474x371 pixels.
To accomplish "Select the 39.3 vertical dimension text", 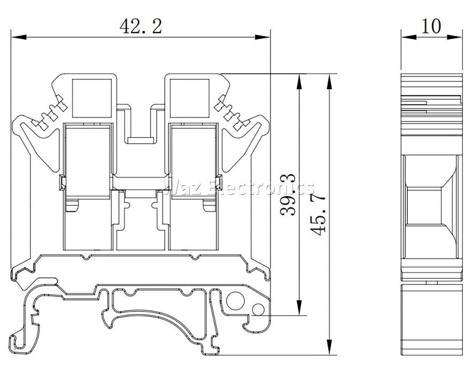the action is click(288, 195).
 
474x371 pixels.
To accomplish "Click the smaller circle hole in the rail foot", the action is click(258, 310).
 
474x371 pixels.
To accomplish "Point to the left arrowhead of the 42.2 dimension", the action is click(19, 37).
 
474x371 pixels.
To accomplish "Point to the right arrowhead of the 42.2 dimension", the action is click(262, 37).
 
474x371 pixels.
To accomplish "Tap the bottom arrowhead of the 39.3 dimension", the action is click(299, 308).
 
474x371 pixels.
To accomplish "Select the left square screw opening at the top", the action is click(92, 99).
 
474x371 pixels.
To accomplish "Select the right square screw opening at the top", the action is click(189, 99).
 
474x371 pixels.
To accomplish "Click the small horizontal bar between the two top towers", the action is click(141, 140).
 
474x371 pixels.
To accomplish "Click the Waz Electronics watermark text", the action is click(239, 187).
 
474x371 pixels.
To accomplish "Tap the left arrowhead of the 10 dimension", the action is click(409, 37).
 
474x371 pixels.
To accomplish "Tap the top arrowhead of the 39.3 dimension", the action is click(299, 82).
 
